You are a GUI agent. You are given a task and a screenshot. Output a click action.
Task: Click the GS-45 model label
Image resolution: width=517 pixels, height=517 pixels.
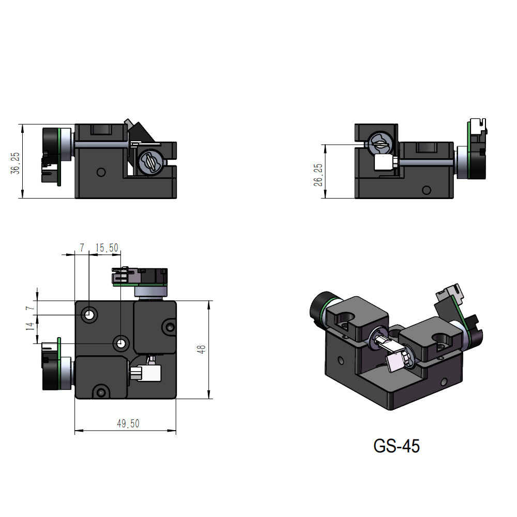[397, 445]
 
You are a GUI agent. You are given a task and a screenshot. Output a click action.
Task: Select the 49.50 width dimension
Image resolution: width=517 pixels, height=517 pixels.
[128, 424]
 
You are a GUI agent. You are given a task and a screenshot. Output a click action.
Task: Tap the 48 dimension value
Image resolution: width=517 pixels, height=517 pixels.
[202, 350]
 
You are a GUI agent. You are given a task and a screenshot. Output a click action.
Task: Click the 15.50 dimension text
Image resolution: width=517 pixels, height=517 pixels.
[107, 249]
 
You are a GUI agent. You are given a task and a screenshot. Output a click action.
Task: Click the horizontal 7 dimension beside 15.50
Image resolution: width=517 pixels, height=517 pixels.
[81, 249]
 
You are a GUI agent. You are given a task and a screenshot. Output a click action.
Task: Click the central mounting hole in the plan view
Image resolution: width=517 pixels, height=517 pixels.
[121, 342]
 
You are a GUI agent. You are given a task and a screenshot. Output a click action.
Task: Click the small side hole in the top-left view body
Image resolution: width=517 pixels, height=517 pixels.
[101, 171]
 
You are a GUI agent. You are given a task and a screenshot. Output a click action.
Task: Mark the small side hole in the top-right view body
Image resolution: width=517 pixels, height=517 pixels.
[426, 190]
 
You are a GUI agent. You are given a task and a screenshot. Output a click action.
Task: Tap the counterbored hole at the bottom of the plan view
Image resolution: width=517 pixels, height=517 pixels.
[101, 391]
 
